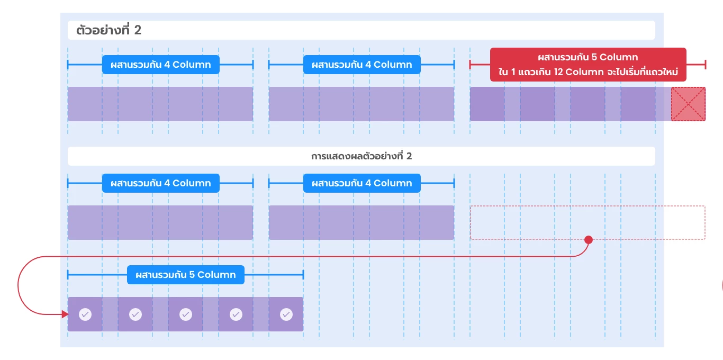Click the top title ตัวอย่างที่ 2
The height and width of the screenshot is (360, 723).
[109, 30]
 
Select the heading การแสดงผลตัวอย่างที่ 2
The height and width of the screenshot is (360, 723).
[361, 156]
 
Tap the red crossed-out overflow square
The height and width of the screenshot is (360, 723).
[688, 104]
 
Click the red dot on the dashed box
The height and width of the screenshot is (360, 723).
[589, 240]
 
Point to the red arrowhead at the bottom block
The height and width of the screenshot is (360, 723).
[65, 314]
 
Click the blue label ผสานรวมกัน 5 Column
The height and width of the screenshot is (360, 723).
[186, 275]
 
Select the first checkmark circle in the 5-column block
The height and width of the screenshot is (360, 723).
[85, 314]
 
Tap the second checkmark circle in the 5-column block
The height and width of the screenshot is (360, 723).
[135, 314]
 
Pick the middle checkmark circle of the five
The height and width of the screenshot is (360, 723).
[186, 314]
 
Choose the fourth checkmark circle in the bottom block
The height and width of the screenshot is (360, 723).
[236, 314]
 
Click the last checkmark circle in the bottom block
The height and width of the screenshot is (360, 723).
[286, 314]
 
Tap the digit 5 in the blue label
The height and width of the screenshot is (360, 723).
[192, 275]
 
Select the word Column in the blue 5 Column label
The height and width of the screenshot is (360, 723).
[216, 275]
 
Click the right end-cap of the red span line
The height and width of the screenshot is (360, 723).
[706, 65]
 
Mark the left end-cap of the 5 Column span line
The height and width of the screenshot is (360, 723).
[68, 275]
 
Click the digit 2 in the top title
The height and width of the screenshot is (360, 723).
[138, 30]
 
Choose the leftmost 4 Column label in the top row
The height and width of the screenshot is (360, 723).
[161, 65]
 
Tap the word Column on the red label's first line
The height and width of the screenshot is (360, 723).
[619, 57]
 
